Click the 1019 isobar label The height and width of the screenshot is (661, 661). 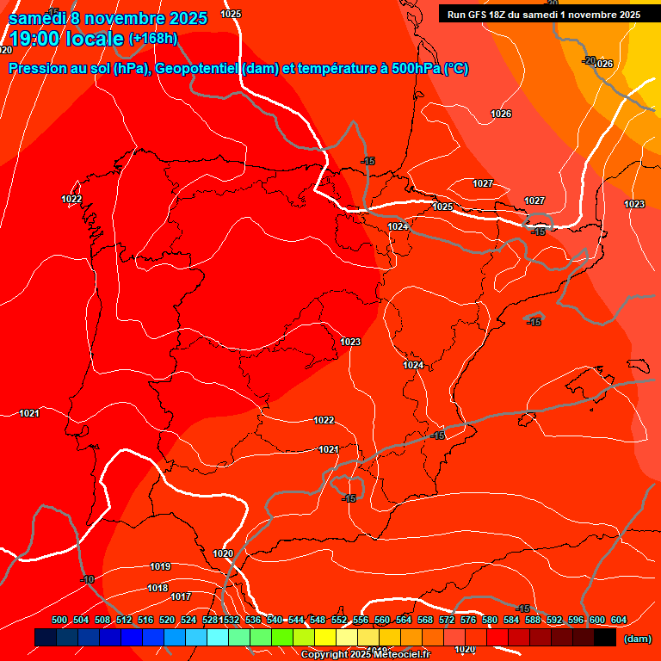(160, 566)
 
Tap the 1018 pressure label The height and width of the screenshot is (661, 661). (158, 588)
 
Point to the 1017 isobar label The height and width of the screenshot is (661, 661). (181, 596)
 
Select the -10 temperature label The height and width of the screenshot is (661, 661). (87, 579)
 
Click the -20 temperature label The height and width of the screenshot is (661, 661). (589, 60)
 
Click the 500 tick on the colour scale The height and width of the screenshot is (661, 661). (59, 620)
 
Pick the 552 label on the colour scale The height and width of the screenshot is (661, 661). (339, 620)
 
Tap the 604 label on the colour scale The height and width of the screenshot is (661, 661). (619, 620)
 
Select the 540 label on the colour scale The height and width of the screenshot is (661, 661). (275, 620)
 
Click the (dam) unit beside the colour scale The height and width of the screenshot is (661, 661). (637, 639)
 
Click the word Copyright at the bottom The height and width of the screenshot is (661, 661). (324, 655)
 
